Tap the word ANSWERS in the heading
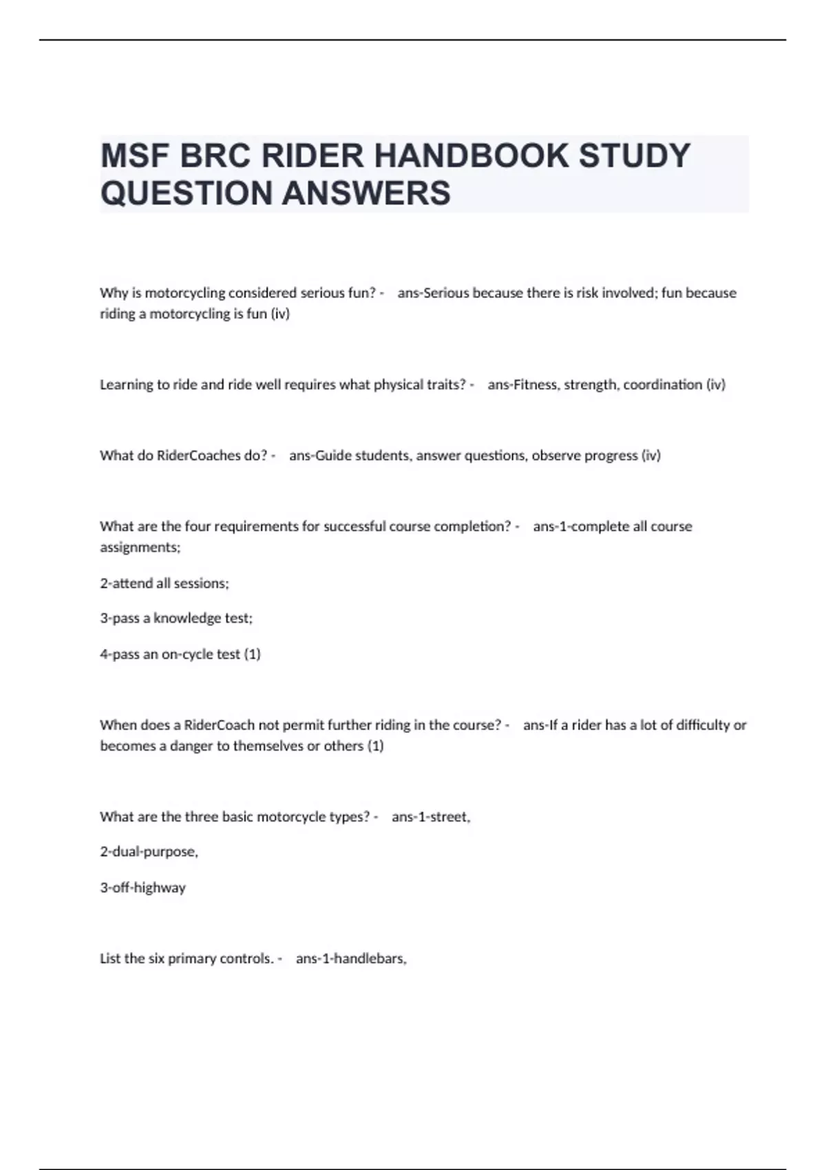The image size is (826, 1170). [366, 193]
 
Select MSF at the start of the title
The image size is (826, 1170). [135, 156]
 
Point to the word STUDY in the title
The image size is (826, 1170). [634, 156]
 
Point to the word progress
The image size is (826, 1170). [611, 455]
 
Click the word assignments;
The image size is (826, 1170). [140, 548]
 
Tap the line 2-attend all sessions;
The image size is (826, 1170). [165, 583]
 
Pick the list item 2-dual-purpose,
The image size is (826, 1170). [149, 851]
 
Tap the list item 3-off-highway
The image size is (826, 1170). [142, 887]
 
